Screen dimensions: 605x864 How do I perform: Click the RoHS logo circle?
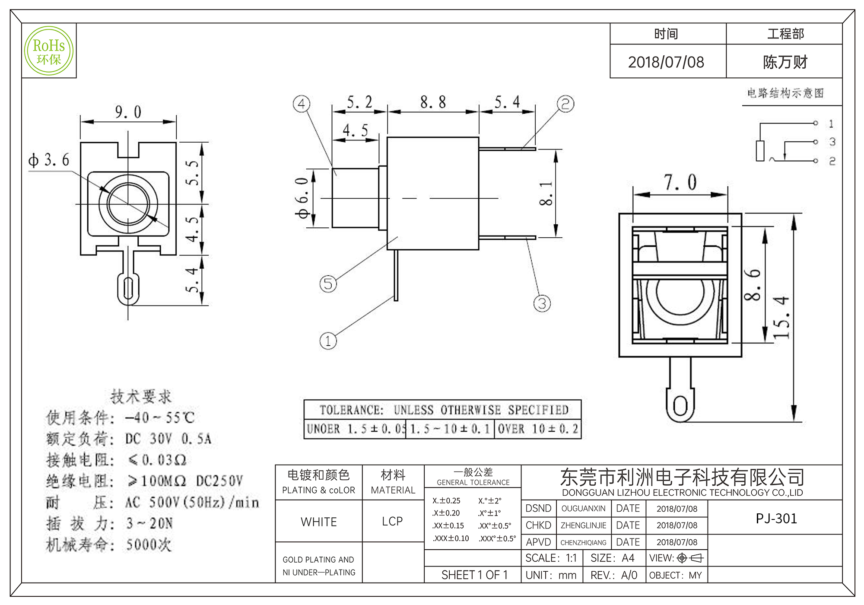click(49, 51)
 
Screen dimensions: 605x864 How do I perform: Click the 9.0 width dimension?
click(128, 112)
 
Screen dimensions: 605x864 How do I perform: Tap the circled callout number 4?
click(302, 104)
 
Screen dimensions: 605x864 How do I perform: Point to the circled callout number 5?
click(328, 284)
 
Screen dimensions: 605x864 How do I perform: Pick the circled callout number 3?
click(542, 303)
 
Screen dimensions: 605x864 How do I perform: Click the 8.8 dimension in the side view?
click(433, 103)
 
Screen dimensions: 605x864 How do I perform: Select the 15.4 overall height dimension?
click(781, 317)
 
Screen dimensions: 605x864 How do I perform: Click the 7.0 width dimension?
click(680, 182)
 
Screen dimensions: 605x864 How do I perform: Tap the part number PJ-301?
click(776, 518)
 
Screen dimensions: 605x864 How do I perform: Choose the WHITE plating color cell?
click(319, 522)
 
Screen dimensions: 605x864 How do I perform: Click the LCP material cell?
click(392, 521)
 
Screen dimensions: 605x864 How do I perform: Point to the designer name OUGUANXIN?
click(583, 509)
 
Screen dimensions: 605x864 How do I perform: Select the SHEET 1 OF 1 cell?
click(474, 575)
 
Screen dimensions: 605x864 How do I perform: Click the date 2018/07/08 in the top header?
click(666, 62)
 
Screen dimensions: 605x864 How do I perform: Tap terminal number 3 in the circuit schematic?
click(832, 142)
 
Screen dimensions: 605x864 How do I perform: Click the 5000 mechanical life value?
click(148, 544)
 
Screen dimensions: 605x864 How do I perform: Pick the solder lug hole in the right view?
click(680, 406)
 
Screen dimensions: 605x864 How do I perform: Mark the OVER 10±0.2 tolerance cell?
click(537, 429)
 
